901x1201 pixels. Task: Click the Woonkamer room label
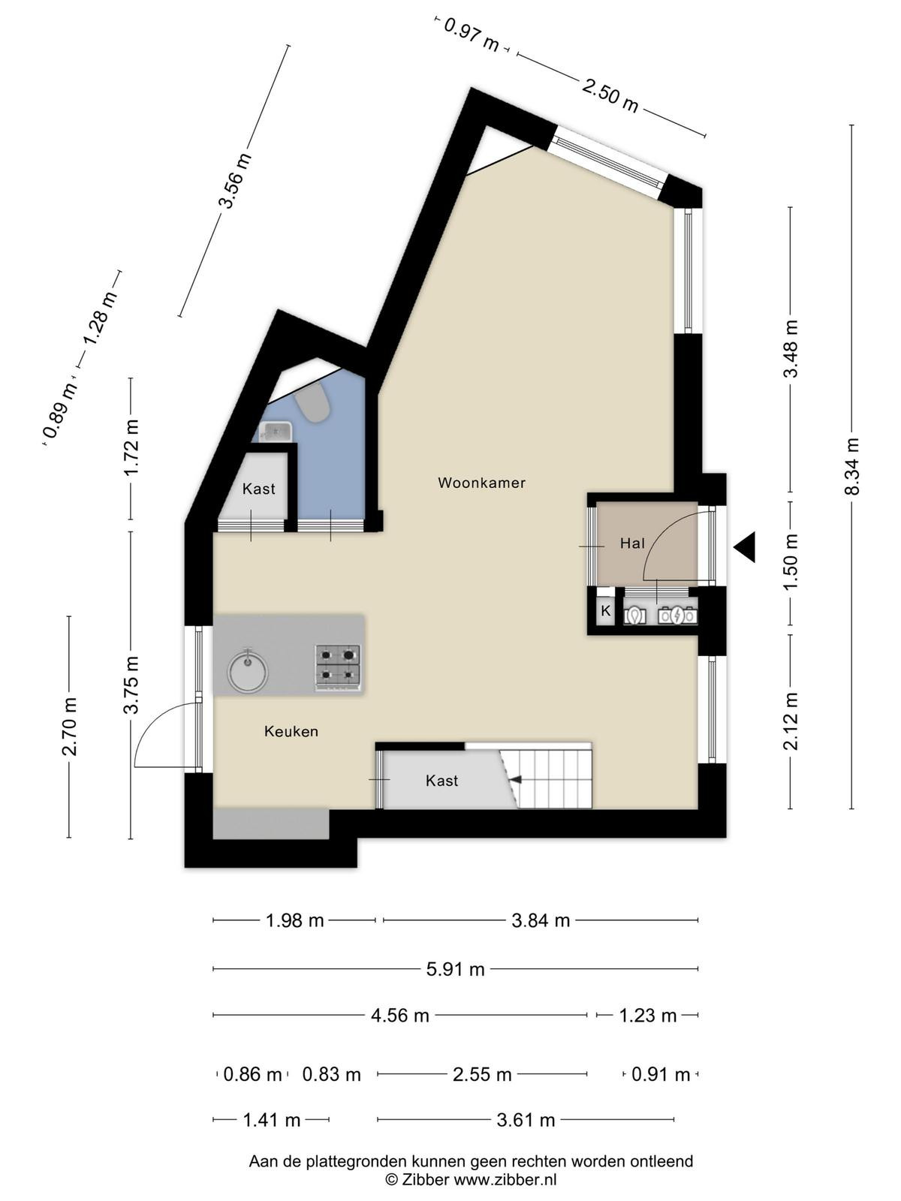[x=481, y=483]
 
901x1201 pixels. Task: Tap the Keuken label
[x=291, y=732]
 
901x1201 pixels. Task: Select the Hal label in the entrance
[x=632, y=543]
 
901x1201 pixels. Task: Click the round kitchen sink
[x=248, y=669]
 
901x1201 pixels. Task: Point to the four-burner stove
[x=338, y=667]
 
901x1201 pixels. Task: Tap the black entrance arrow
[x=745, y=546]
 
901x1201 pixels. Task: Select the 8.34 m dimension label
[x=851, y=466]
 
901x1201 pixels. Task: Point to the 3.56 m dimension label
[x=235, y=181]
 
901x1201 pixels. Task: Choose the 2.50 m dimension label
[x=610, y=95]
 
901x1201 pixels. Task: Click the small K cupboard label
[x=606, y=611]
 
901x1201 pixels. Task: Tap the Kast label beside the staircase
[x=441, y=780]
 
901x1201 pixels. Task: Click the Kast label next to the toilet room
[x=259, y=489]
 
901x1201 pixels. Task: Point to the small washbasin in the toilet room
[x=277, y=432]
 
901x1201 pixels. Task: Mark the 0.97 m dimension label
[x=471, y=35]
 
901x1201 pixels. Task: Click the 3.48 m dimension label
[x=791, y=348]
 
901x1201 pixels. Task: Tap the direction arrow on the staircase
[x=515, y=779]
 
